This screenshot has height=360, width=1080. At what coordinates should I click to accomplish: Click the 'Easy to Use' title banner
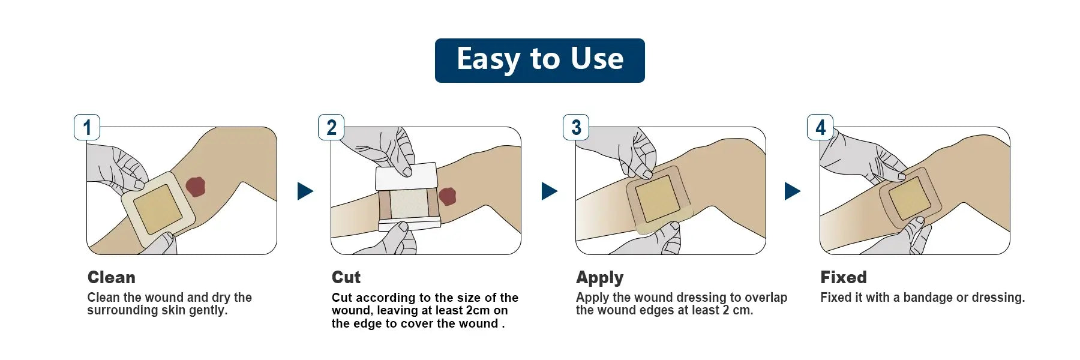pos(539,60)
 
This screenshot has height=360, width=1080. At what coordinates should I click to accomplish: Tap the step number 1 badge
pos(87,127)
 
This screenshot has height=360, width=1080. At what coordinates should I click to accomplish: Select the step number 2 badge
pos(331,127)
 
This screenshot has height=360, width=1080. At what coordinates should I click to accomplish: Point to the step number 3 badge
pos(576,127)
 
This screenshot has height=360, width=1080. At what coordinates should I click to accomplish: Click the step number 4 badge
pos(820,127)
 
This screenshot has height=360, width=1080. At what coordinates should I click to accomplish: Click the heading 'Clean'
pos(112,277)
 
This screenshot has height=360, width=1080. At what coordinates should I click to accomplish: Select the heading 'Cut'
pos(346,277)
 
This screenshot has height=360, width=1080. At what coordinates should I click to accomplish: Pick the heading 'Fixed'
pos(844,277)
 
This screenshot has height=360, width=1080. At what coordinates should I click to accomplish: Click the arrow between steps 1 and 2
pos(305,191)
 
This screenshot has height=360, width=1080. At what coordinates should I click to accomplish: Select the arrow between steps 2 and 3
pos(549,191)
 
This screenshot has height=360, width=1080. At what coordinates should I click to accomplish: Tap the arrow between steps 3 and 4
pos(792,191)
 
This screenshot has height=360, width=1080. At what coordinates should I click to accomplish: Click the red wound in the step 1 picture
pos(196,187)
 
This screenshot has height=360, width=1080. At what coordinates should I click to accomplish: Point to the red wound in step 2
pos(448,196)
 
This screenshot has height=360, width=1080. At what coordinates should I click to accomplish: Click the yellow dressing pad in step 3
pos(657,199)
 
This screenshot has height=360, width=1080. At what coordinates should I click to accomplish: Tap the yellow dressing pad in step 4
pos(910,199)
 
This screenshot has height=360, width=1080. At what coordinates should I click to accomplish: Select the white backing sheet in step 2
pos(406,177)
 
